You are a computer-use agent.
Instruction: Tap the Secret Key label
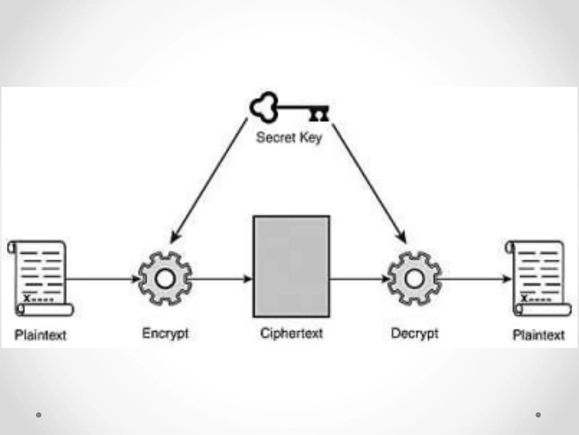point(289,138)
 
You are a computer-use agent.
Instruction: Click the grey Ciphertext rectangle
point(291,266)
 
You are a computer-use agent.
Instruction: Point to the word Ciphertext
point(291,333)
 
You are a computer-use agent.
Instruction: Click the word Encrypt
point(165,333)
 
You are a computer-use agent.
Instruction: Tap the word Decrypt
point(414,333)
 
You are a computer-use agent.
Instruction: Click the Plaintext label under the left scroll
point(40,335)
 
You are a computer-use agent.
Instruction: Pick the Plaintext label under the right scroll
point(539,335)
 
